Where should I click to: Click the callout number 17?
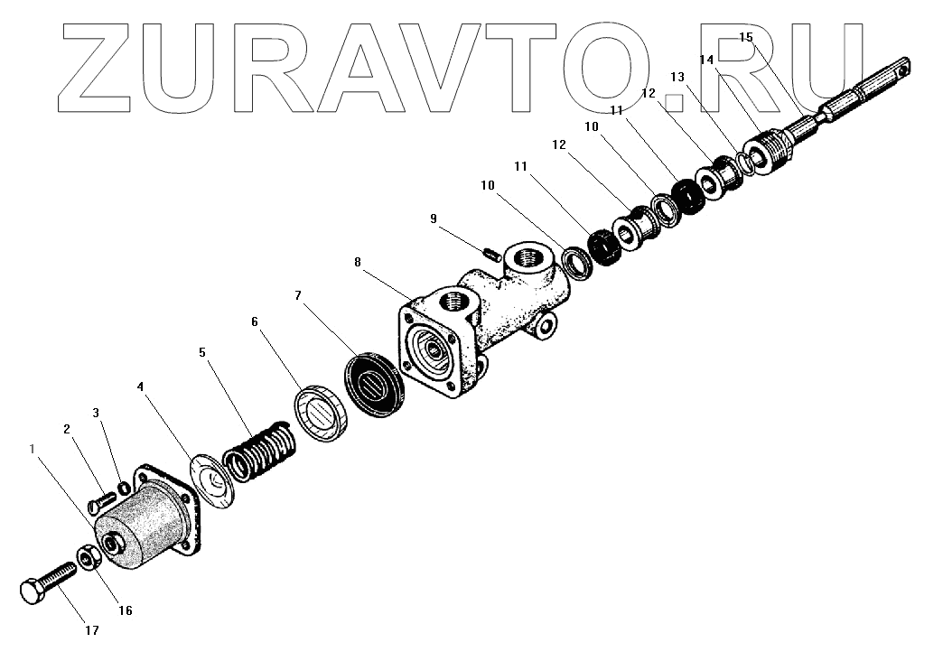(91, 630)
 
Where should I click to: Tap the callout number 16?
(125, 610)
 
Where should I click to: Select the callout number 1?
(34, 448)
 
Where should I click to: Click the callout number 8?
(358, 263)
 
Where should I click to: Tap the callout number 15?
(745, 37)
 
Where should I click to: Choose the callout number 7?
(299, 295)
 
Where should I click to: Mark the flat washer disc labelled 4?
(213, 475)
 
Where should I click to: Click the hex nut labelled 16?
(87, 557)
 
